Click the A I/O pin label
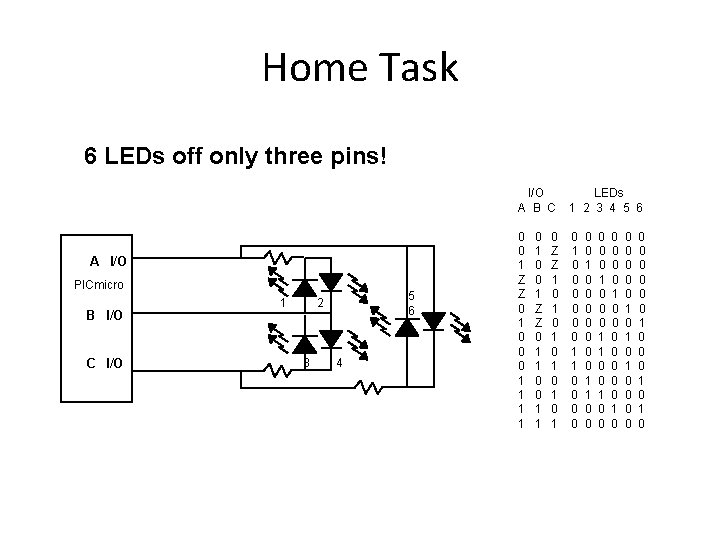click(x=108, y=261)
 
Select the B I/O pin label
click(x=104, y=315)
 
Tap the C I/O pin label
click(x=104, y=363)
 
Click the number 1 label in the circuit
click(x=284, y=302)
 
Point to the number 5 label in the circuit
click(x=411, y=295)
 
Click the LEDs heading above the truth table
click(x=608, y=191)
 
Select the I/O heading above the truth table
click(x=535, y=191)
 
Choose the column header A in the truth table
click(x=521, y=208)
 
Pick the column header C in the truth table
click(x=551, y=208)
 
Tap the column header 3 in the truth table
click(x=599, y=208)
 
